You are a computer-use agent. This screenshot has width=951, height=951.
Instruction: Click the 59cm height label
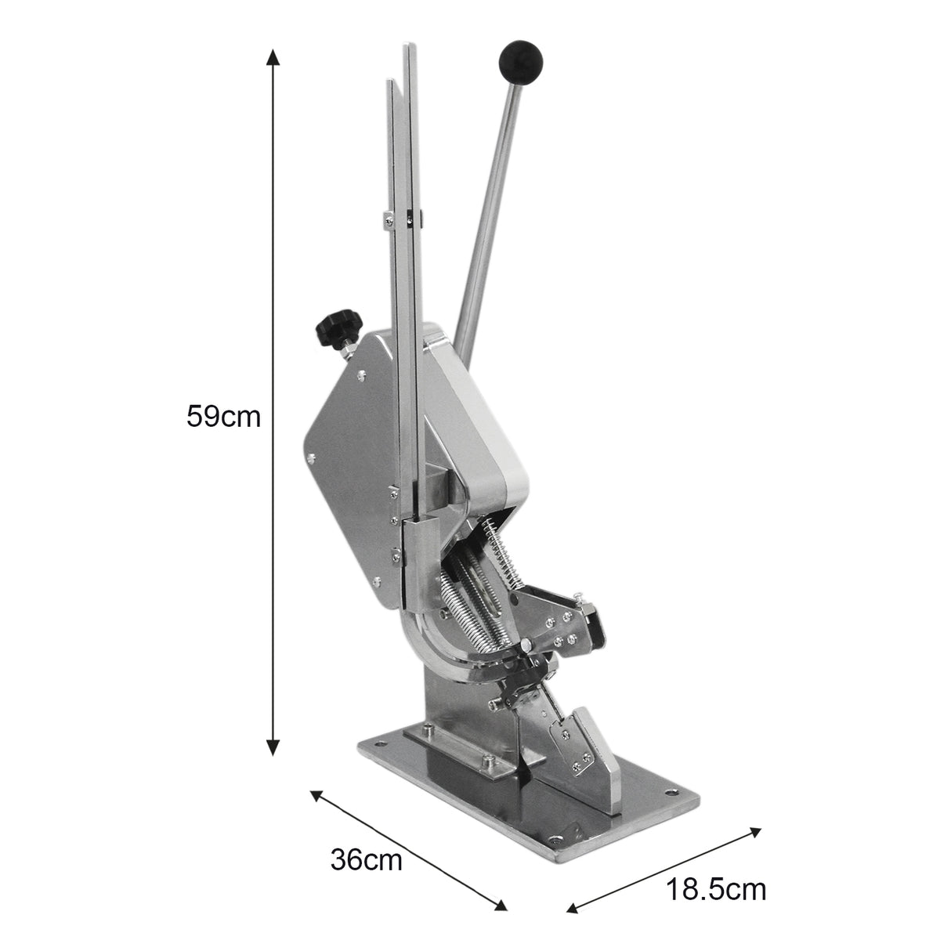(222, 415)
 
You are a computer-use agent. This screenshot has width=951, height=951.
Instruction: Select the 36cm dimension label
(366, 859)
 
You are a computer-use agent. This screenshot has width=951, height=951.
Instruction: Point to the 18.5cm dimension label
(716, 890)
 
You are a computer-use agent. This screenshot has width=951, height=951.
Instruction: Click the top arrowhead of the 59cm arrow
(273, 55)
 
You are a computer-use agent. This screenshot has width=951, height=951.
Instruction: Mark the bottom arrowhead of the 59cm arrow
(273, 749)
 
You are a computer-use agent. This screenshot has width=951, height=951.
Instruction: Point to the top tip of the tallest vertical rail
(408, 49)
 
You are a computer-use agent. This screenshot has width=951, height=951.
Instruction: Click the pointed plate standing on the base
(584, 744)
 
